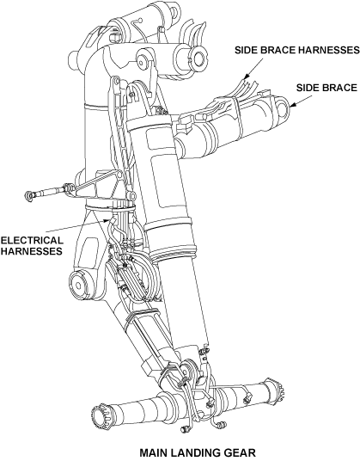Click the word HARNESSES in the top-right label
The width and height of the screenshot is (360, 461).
(329, 50)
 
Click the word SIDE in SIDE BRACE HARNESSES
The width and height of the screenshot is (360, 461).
(246, 50)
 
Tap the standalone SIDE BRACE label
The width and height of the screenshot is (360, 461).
(326, 88)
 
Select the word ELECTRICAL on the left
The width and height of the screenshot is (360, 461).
(32, 240)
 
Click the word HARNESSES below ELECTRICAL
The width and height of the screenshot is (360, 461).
(32, 251)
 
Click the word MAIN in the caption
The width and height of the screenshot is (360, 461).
(155, 452)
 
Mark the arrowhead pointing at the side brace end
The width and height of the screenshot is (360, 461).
(292, 104)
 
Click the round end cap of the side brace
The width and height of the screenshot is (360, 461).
(283, 107)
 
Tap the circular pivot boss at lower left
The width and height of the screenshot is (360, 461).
(78, 285)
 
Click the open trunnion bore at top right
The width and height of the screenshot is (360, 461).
(198, 56)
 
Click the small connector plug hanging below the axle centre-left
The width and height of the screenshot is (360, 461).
(184, 429)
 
